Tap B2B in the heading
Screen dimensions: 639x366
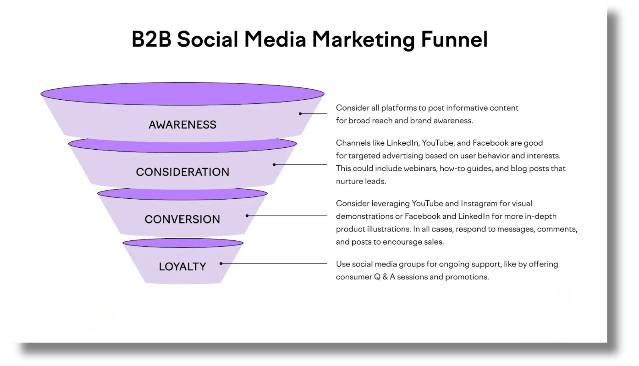pos(151,39)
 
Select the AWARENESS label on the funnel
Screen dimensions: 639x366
pos(183,125)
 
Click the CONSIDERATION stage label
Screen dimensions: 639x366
pos(183,172)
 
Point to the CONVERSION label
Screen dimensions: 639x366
pos(182,220)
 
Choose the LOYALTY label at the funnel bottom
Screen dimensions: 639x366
pos(182,267)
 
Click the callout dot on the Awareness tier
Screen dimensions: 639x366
pos(300,114)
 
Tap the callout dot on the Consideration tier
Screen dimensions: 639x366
pos(274,165)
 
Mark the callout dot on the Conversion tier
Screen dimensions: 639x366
pos(247,216)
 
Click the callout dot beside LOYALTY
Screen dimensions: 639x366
pos(221,264)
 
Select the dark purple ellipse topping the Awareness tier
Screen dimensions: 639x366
pos(183,94)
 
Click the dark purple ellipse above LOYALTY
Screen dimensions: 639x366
pos(183,243)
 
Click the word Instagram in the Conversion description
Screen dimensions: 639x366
pos(479,204)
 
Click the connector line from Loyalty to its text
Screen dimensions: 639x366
pos(274,264)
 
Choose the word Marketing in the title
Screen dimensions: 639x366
pos(363,40)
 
